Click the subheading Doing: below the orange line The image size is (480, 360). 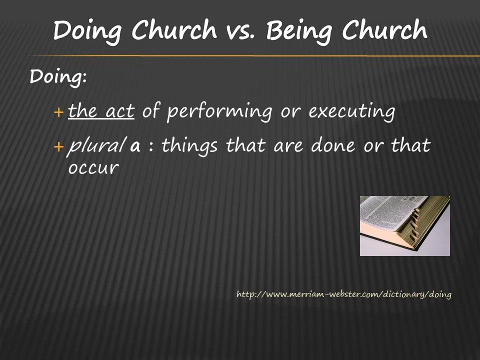point(58,76)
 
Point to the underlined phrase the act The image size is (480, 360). point(101,111)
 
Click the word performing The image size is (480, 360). point(219,112)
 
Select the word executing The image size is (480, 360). point(351,112)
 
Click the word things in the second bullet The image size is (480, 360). point(189,145)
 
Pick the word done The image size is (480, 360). point(333,145)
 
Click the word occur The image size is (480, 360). point(93,168)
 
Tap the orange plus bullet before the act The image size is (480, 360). point(58,112)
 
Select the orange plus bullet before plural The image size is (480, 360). point(58,147)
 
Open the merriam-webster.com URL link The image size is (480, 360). point(344,294)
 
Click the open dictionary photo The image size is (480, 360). point(404,226)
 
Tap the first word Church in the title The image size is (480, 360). point(174,30)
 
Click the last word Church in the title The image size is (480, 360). point(384,30)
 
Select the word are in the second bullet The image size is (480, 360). point(288,146)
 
